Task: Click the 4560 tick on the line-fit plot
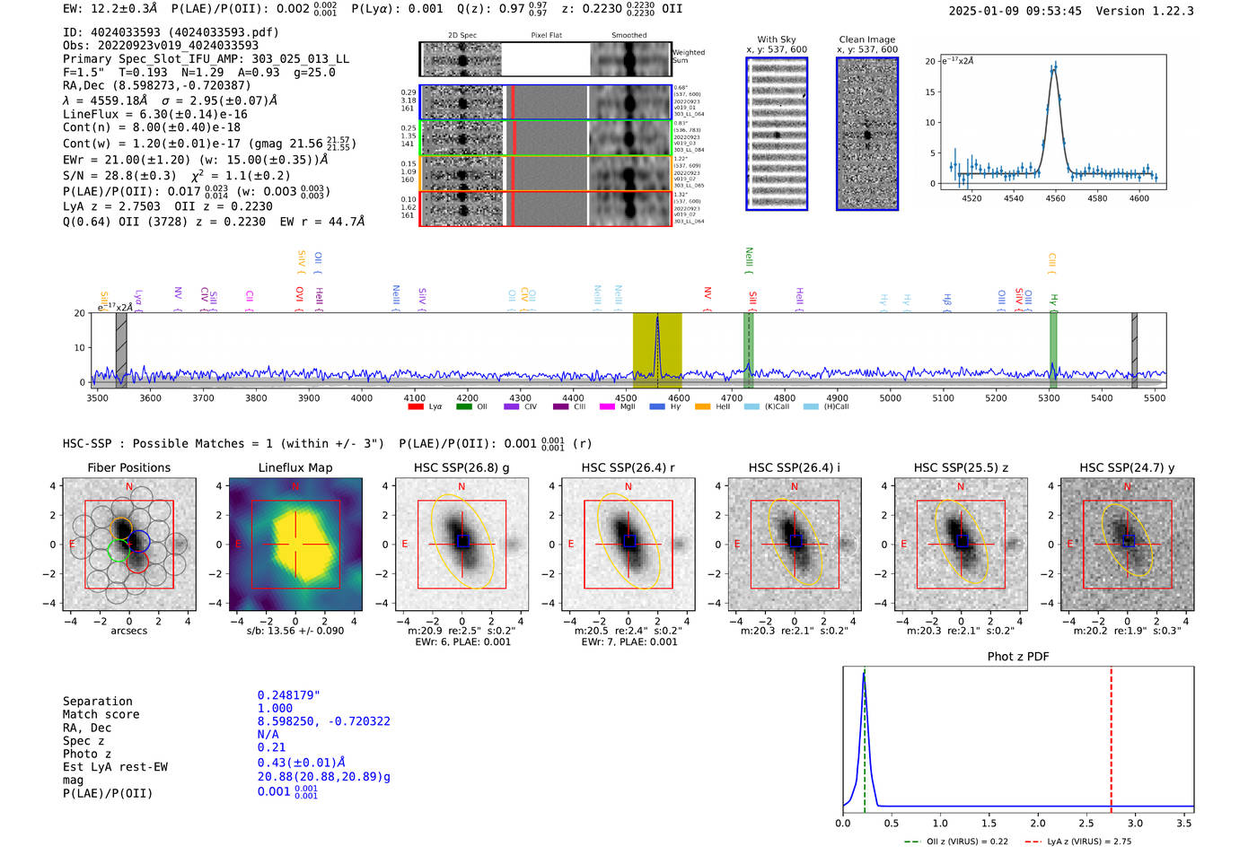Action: [1055, 198]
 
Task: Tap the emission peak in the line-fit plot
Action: [1054, 65]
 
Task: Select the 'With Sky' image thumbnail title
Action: [776, 39]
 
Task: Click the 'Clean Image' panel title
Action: [866, 39]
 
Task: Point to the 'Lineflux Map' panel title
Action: [294, 467]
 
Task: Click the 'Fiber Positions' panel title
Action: [128, 467]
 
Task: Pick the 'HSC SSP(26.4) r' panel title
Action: [628, 467]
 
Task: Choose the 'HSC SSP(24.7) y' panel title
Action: [1127, 467]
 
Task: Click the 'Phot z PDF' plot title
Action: [1017, 656]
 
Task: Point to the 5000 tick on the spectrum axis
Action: [890, 398]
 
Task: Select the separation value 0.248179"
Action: [288, 695]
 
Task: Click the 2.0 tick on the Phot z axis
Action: [1037, 823]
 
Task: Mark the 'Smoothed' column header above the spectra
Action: [628, 36]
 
